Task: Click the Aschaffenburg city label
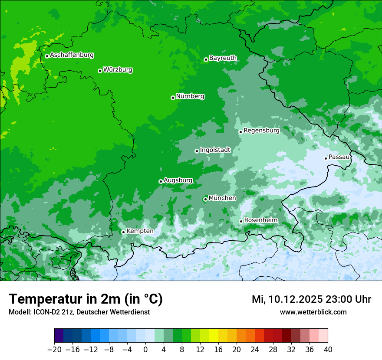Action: point(72,55)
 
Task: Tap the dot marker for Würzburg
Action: point(100,71)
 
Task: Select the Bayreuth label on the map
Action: point(223,58)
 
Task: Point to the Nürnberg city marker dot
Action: point(173,98)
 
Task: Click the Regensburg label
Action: point(261,131)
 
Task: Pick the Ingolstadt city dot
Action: point(197,151)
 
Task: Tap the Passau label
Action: point(339,157)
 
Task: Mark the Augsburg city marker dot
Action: point(161,181)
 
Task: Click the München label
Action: point(222,198)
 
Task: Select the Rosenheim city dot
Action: point(241,221)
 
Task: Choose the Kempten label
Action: point(140,231)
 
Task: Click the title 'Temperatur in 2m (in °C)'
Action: point(86,299)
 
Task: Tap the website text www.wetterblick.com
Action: point(313,312)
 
